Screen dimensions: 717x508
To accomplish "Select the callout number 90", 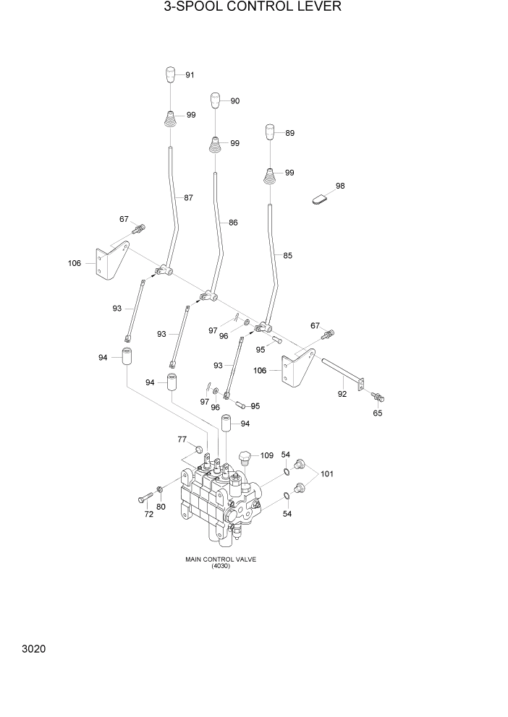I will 235,101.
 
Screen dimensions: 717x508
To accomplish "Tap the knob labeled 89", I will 269,133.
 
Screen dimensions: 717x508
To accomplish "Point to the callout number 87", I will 189,197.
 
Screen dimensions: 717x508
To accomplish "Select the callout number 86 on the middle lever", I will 233,223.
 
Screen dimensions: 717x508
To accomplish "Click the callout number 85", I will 288,255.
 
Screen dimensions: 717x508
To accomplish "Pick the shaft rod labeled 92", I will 342,374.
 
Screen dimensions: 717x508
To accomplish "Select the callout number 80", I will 161,507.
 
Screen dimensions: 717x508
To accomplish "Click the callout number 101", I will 327,474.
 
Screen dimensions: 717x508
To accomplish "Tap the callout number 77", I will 182,439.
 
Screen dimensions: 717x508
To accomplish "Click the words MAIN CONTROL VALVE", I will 221,559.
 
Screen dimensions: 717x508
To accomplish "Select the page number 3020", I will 34,650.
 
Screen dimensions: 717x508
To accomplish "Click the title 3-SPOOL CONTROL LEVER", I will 253,8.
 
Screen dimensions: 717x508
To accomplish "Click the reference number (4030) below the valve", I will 221,566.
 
